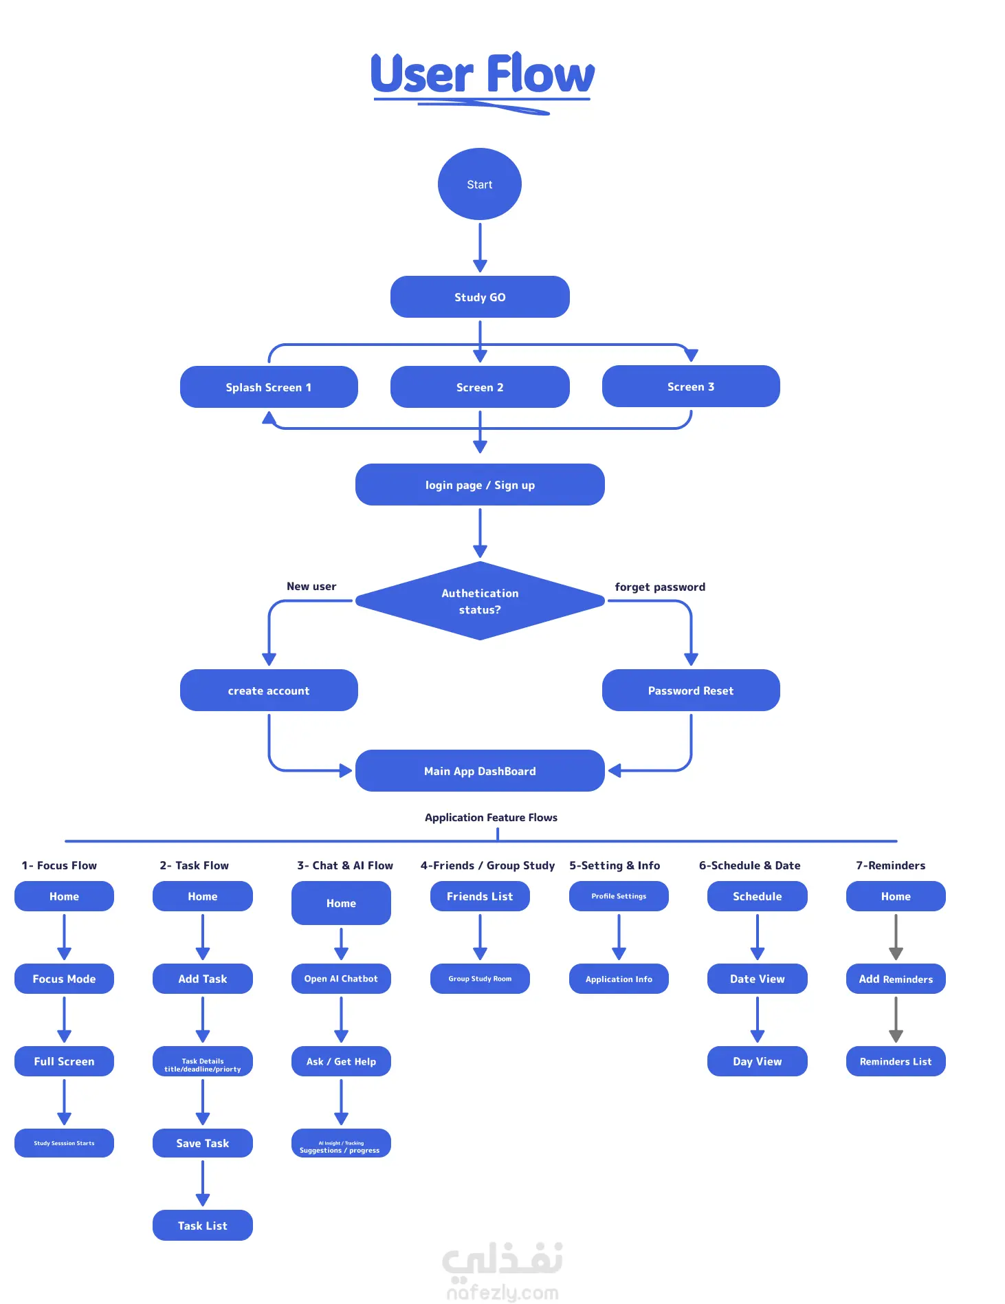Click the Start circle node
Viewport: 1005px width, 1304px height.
[x=479, y=184]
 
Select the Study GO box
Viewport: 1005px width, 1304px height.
[x=480, y=296]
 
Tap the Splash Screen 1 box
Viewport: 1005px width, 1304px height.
[x=269, y=387]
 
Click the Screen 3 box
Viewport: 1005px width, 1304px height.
[x=691, y=386]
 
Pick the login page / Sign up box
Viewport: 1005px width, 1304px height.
[x=480, y=484]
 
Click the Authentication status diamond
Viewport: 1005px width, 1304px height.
[x=480, y=600]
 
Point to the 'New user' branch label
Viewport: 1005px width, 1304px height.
[x=311, y=586]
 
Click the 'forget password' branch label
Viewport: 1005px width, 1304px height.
[x=660, y=587]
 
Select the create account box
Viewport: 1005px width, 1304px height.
[x=269, y=690]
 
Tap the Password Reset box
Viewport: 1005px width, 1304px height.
[x=691, y=690]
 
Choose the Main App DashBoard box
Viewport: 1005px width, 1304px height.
[x=480, y=770]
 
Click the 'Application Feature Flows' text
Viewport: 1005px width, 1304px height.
[x=491, y=817]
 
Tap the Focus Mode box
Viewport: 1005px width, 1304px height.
[x=64, y=978]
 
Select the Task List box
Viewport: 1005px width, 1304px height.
[x=203, y=1225]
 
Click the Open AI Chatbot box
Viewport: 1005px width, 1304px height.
[x=341, y=978]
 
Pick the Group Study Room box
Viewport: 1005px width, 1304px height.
[x=480, y=978]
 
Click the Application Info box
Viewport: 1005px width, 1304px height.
[x=619, y=978]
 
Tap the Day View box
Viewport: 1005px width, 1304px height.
[x=758, y=1061]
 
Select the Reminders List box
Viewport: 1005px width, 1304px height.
[x=896, y=1061]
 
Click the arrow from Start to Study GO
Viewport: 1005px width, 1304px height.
[x=480, y=248]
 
